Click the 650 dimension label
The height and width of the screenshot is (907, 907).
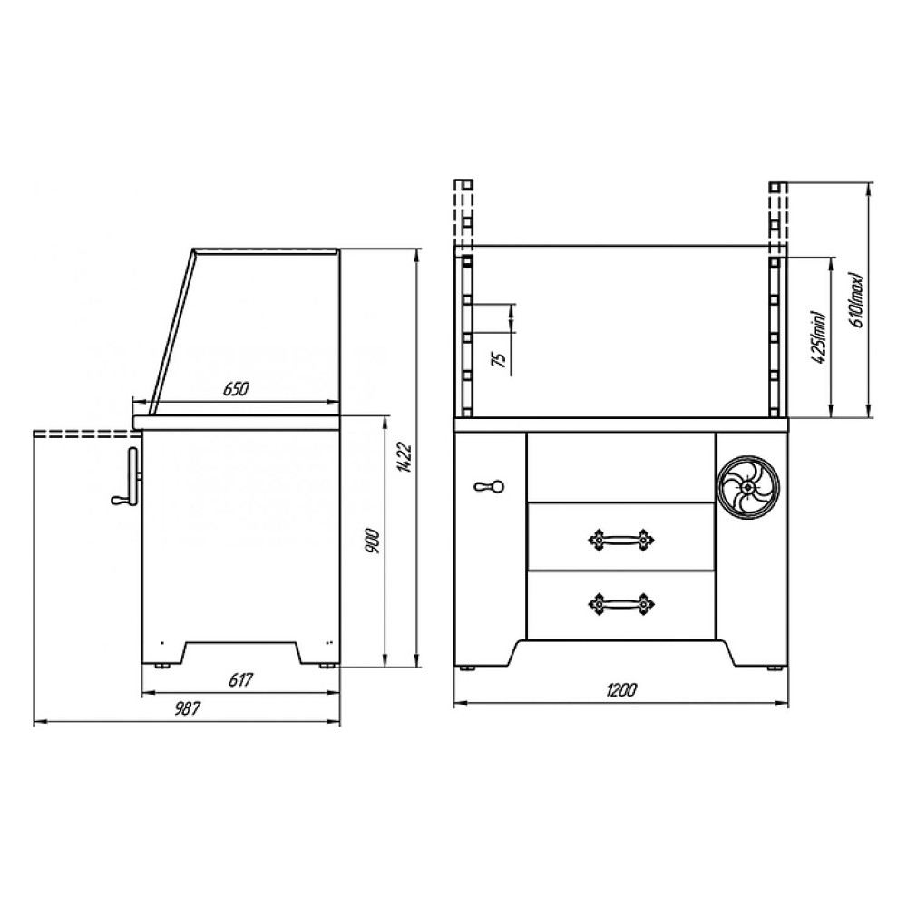coord(236,389)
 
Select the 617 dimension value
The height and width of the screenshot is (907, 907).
coord(240,679)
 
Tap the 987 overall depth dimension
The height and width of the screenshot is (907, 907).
coord(187,708)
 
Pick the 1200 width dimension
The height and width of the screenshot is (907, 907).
coord(621,690)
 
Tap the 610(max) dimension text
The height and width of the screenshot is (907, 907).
coord(857,299)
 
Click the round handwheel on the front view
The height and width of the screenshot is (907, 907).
coord(748,488)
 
